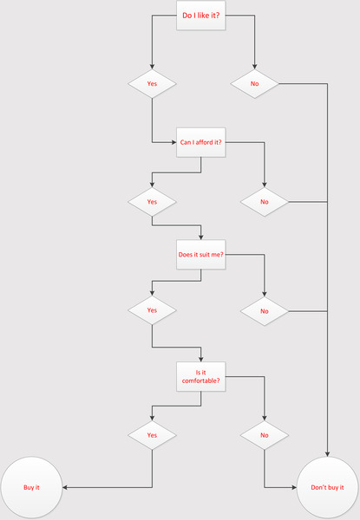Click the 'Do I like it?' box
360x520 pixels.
click(x=200, y=16)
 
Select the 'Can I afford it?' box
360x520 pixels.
click(x=200, y=142)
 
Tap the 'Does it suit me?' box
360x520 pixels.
click(x=200, y=254)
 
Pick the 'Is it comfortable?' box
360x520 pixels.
click(x=200, y=376)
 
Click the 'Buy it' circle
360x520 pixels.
click(x=31, y=487)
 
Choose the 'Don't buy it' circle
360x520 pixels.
click(x=328, y=487)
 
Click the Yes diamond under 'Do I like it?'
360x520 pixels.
click(x=152, y=83)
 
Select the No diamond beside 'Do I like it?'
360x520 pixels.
click(x=254, y=83)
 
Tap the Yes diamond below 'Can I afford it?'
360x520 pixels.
click(x=152, y=202)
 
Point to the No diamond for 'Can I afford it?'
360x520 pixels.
click(x=265, y=202)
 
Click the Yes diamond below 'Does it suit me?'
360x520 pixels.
click(x=152, y=310)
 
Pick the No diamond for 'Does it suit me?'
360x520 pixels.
click(x=265, y=311)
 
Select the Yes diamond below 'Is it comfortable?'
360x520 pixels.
click(x=152, y=435)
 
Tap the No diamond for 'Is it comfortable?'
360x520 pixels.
click(x=265, y=435)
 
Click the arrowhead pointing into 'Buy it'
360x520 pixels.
click(x=65, y=487)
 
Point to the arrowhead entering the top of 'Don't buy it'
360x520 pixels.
click(x=328, y=454)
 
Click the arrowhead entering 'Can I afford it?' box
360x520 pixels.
click(x=173, y=143)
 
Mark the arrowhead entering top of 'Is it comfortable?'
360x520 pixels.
click(x=200, y=359)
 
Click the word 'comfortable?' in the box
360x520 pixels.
click(x=200, y=380)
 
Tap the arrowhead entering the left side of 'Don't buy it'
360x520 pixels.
click(x=294, y=487)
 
